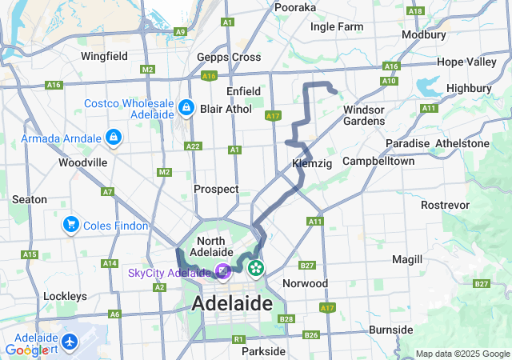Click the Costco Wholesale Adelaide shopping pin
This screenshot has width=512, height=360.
[x=186, y=106]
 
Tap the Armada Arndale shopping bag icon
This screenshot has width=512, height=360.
[x=114, y=138]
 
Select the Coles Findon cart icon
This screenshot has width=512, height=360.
[x=71, y=226]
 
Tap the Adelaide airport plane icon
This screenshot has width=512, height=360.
[x=70, y=341]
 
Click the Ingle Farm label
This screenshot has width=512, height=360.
[x=337, y=26]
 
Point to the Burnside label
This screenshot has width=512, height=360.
[x=391, y=330]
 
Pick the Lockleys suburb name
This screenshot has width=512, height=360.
[x=66, y=296]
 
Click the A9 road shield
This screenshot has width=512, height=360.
[x=181, y=31]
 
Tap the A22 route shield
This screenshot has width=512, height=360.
[x=192, y=146]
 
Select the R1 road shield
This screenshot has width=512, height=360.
[x=238, y=339]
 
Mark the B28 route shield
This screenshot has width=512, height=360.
[x=287, y=319]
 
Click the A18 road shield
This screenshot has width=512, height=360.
[x=414, y=10]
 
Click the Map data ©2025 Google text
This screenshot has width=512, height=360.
[x=462, y=354]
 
